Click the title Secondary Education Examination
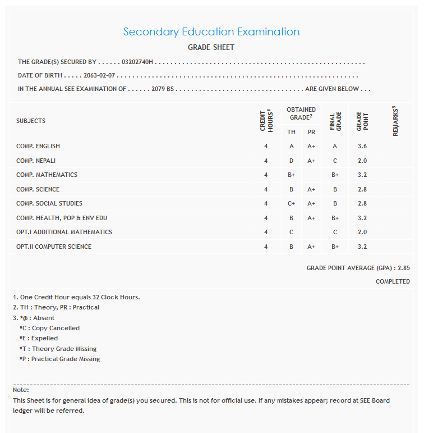(211, 32)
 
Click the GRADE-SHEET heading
(211, 48)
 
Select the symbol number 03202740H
(137, 62)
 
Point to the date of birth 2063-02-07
(99, 75)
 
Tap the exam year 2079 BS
(163, 89)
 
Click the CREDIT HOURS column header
(266, 120)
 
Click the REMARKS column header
(395, 121)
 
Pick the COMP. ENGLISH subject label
(38, 147)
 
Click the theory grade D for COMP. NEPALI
(292, 161)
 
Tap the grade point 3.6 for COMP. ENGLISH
(362, 147)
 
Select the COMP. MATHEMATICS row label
(47, 175)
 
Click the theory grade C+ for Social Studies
(292, 204)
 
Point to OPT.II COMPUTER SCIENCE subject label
(54, 247)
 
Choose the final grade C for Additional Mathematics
(335, 233)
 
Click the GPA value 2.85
(403, 268)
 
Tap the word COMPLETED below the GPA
(393, 281)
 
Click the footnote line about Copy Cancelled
(49, 328)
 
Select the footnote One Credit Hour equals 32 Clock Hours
(76, 297)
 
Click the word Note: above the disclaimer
(21, 390)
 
